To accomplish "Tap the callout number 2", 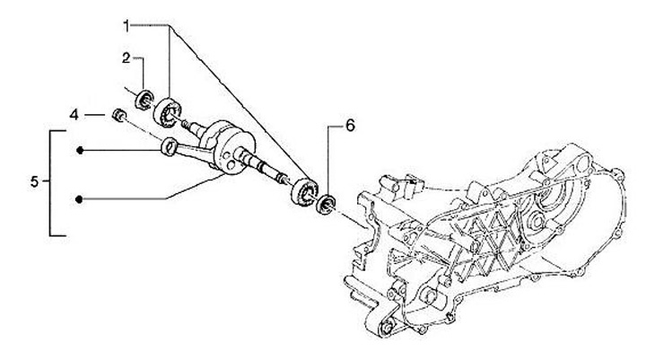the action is [x=127, y=57].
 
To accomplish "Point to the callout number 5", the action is [x=33, y=182].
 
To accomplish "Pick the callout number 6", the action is [x=350, y=126].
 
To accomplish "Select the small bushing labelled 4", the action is [x=117, y=115].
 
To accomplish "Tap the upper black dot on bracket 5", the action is [x=81, y=150].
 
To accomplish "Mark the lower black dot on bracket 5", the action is [x=81, y=198].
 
